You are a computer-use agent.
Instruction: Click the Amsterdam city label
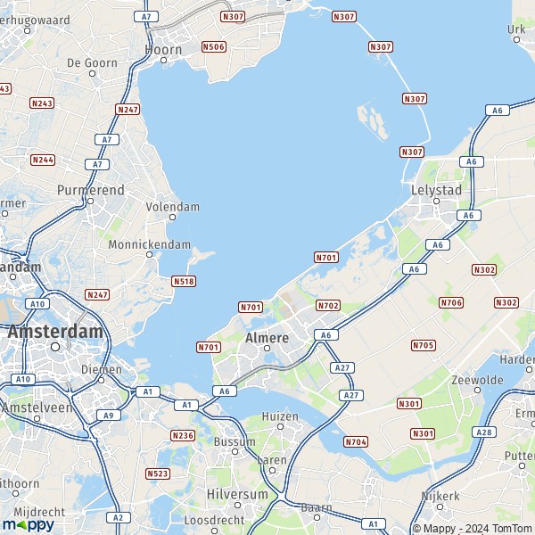coord(54,331)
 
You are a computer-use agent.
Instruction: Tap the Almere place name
coord(267,338)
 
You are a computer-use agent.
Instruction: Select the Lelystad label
coord(436,190)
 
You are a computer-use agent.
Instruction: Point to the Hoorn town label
coord(163,50)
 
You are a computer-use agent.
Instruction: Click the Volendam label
coord(172,207)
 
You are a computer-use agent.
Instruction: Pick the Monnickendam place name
coord(149,244)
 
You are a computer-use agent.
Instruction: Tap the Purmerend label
coord(90,191)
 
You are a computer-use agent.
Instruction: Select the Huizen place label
coord(281,416)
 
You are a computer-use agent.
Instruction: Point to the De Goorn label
coord(92,62)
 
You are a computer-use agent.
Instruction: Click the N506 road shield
coord(213,46)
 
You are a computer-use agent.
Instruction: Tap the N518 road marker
coord(184,281)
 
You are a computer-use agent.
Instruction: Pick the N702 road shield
coord(328,306)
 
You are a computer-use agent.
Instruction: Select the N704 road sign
coord(356,441)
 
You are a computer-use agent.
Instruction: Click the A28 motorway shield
coord(484,432)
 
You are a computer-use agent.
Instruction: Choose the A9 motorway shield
coord(109,415)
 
